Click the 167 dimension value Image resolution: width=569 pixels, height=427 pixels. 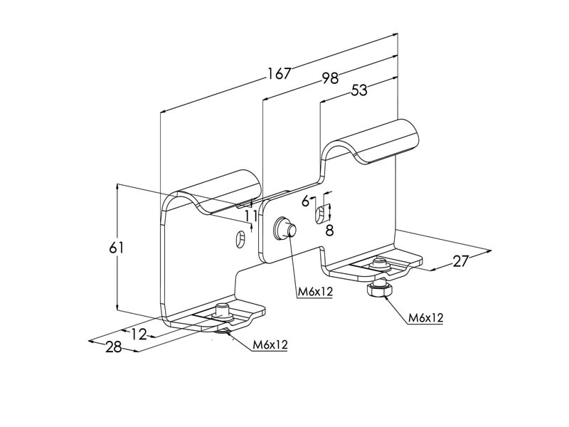tap(279, 73)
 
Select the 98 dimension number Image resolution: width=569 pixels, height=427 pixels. tap(330, 78)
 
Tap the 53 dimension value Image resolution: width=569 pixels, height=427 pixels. tap(359, 90)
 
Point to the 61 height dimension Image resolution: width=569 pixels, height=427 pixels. tap(117, 248)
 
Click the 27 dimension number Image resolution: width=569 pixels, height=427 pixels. tap(460, 261)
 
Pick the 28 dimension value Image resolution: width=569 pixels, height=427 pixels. tap(114, 347)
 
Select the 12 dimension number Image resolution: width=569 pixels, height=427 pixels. tap(138, 334)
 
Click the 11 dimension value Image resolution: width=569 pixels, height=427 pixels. tap(251, 216)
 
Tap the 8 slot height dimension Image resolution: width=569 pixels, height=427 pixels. tap(329, 230)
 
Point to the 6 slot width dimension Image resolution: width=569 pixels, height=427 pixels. tap(306, 201)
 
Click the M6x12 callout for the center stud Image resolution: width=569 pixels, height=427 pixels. tap(315, 291)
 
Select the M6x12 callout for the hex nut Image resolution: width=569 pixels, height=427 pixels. tap(425, 317)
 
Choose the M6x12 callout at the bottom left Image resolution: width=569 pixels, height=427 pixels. tap(270, 344)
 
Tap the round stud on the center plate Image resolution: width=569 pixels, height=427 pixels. tap(285, 228)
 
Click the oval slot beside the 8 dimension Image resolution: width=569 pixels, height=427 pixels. tap(319, 215)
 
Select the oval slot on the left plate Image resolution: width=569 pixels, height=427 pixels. tap(240, 238)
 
